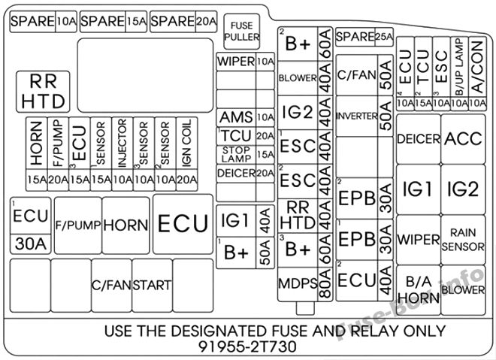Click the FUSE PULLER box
(x=242, y=32)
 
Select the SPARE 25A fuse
(x=364, y=37)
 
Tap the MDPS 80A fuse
(x=305, y=284)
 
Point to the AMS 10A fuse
(x=245, y=117)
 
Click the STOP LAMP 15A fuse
(x=245, y=154)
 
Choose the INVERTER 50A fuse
(x=364, y=116)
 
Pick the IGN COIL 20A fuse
(x=187, y=154)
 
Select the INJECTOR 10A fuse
(x=122, y=154)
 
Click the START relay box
(x=152, y=286)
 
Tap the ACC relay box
(x=463, y=139)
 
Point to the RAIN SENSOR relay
(x=463, y=240)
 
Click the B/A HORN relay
(x=418, y=290)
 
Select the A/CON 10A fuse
(x=478, y=74)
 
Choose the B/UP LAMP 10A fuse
(x=459, y=74)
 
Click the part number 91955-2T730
(x=247, y=346)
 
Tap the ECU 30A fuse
(x=31, y=225)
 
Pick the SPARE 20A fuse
(x=183, y=22)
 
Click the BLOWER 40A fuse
(x=305, y=78)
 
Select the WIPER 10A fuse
(x=245, y=62)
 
